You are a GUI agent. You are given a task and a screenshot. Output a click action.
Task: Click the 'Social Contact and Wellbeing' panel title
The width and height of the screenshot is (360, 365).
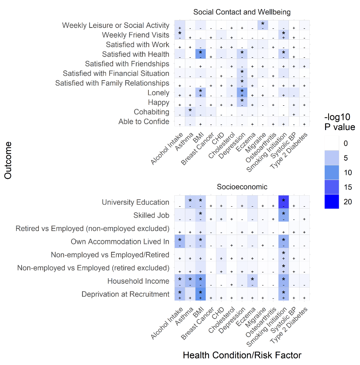pos(242,12)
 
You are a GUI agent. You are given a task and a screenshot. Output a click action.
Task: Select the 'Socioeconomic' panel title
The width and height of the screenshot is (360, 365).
pos(242,187)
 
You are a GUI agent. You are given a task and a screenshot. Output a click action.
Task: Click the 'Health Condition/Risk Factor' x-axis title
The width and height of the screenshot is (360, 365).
pos(242,356)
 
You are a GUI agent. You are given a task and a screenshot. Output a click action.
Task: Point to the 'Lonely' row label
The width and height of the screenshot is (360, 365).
pos(158,93)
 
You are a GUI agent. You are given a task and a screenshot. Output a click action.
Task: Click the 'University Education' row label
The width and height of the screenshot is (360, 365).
pos(135,202)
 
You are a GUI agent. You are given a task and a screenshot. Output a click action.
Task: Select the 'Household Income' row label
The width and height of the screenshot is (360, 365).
pos(138,281)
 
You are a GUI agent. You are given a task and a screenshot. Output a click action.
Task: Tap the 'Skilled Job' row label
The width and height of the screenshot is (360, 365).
pos(151,216)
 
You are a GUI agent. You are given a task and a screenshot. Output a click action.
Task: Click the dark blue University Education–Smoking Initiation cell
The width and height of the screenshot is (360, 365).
pos(283,202)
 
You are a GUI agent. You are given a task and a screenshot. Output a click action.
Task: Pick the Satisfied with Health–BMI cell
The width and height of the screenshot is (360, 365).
pos(200,54)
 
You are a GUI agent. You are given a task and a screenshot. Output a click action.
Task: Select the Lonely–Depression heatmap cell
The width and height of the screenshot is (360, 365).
pos(242,93)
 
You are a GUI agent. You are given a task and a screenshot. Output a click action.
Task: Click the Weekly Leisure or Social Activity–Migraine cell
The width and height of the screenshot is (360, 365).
pos(263,25)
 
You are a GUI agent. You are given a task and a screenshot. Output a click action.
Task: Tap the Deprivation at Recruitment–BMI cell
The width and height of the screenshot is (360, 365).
pos(200,294)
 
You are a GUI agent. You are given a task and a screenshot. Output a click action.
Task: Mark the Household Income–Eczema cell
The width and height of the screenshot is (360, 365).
pos(252,281)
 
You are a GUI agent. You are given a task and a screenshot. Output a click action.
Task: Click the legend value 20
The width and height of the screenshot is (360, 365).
pos(345,202)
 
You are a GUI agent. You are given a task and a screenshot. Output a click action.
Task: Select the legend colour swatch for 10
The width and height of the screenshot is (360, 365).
pos(332,172)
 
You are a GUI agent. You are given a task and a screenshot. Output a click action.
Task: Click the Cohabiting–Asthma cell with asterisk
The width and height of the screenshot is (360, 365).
pos(190,112)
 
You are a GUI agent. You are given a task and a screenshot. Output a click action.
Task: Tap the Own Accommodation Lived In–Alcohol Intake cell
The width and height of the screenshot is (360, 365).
pos(179,242)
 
